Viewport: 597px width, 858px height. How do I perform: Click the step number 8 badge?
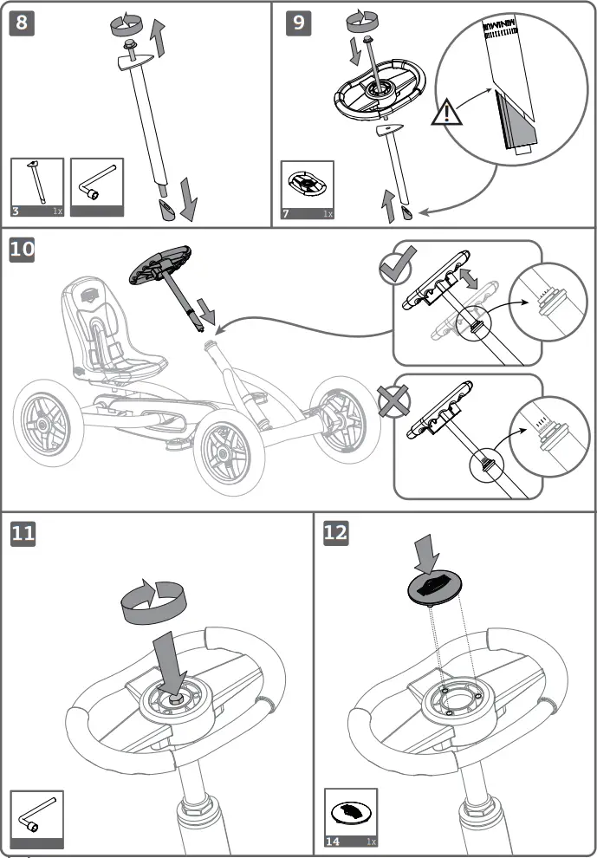tap(23, 23)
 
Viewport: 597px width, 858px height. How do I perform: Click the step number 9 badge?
tap(298, 23)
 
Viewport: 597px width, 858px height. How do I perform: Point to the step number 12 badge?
tap(335, 533)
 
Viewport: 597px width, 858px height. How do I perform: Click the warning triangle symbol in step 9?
tap(446, 113)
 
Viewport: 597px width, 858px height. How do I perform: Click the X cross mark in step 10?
tap(394, 400)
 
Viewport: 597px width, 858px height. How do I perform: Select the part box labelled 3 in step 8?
tap(37, 186)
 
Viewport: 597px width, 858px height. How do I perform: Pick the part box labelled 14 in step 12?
tap(351, 817)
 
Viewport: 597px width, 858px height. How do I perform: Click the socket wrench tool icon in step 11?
tap(37, 817)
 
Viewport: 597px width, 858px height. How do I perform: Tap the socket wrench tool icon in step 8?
tap(97, 185)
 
